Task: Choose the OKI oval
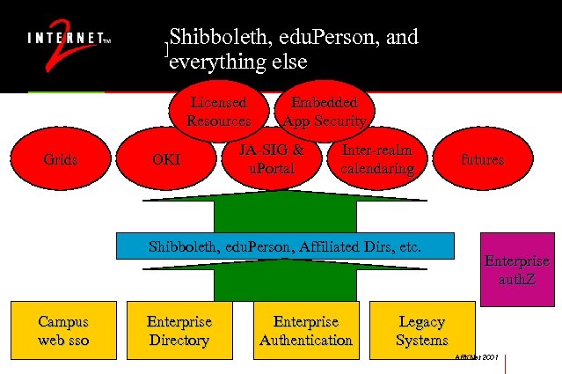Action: coord(166,159)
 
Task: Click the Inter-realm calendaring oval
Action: coord(376,159)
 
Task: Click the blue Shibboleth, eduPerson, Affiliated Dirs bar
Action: coord(286,247)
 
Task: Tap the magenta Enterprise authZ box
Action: coord(517,270)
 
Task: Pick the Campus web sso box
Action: coord(63,331)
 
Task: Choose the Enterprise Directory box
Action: coord(179,331)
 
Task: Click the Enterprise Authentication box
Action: coord(306,331)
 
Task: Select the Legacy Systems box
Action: coord(422,331)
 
